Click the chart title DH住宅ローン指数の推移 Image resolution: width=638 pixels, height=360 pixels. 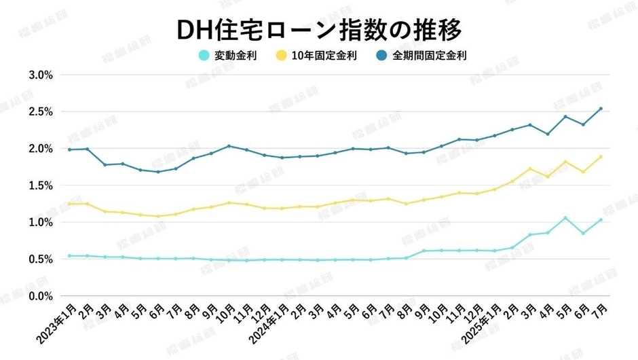click(319, 29)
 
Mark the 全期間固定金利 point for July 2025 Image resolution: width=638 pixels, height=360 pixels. click(601, 109)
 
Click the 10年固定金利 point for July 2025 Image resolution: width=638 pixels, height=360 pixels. click(601, 157)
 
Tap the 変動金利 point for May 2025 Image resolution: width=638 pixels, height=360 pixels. click(565, 218)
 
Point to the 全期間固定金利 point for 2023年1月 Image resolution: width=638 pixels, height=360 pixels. click(69, 149)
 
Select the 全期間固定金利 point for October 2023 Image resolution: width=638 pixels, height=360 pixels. click(229, 146)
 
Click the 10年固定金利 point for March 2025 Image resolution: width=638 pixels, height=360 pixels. click(530, 168)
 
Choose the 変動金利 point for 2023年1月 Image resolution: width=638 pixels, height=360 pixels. click(69, 256)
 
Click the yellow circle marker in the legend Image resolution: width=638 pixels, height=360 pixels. click(281, 55)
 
